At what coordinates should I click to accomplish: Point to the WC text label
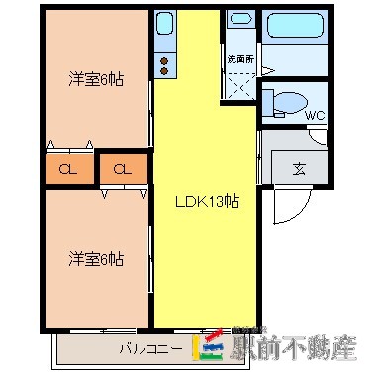pyautogui.click(x=315, y=115)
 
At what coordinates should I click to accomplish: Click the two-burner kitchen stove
pyautogui.click(x=164, y=65)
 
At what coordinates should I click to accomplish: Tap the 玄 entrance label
pyautogui.click(x=298, y=167)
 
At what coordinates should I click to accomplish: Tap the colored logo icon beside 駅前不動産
pyautogui.click(x=213, y=346)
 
